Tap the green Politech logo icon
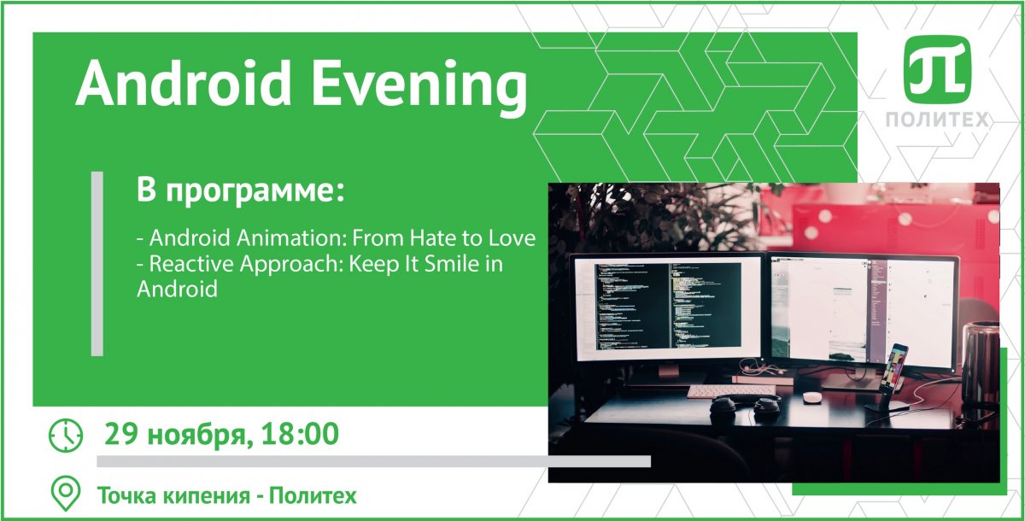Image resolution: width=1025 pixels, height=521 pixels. point(937,69)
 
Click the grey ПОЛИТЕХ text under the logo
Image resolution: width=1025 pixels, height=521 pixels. point(937,120)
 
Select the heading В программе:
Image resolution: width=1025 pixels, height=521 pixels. point(240,191)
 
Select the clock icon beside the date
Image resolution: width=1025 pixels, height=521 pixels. point(66,435)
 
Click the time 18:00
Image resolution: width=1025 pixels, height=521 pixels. point(300,434)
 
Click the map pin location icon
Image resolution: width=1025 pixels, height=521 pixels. point(66,494)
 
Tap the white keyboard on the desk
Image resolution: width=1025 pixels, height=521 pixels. point(731,391)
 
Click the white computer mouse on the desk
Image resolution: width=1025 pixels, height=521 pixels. point(812,396)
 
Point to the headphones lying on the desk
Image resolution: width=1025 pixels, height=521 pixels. point(745,408)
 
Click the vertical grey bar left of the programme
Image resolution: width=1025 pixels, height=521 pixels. point(97,264)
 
